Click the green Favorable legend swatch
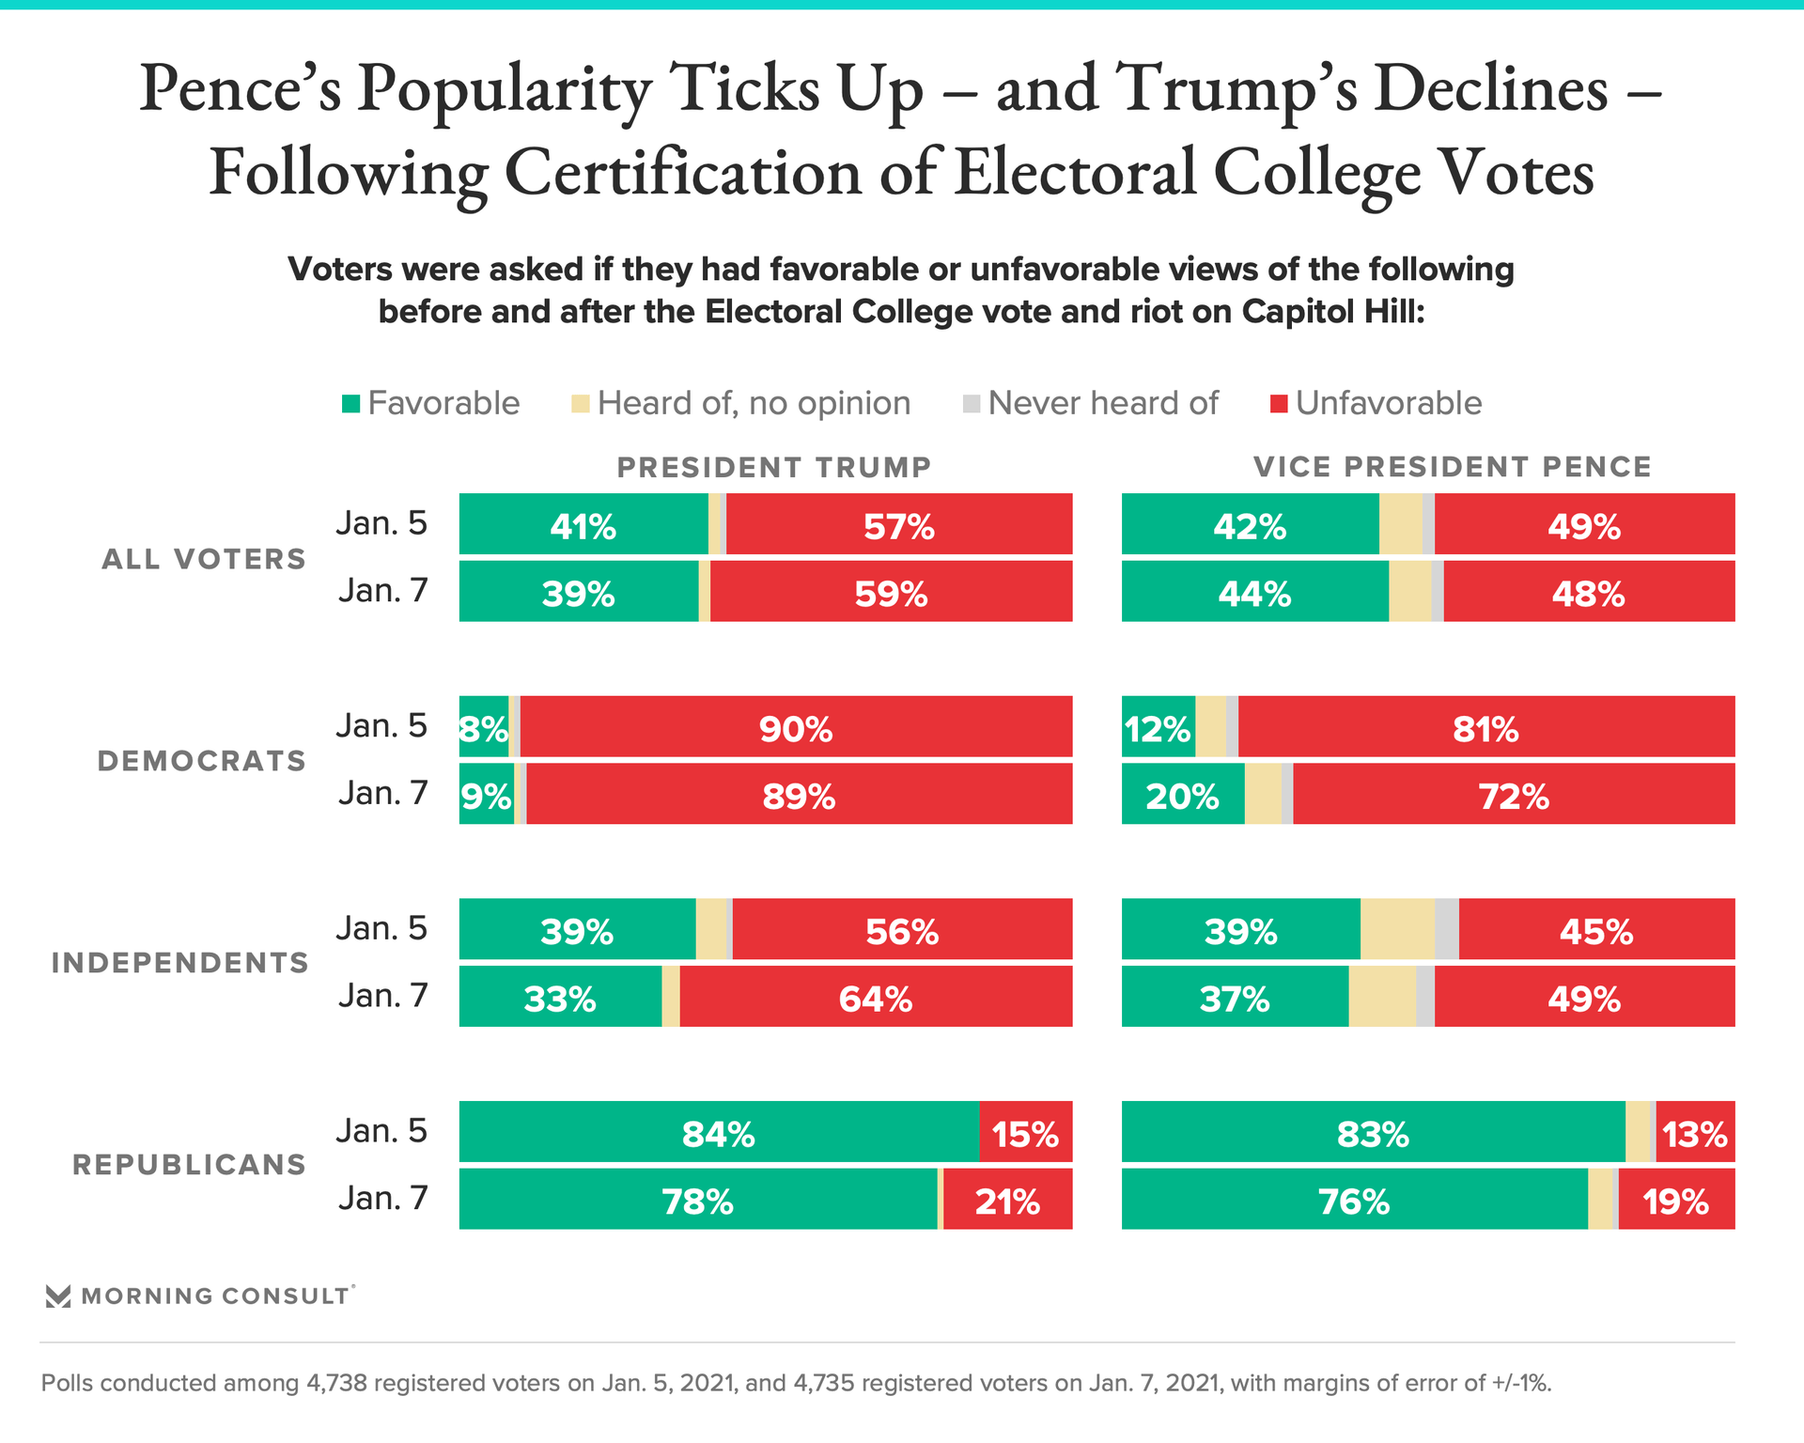pos(351,404)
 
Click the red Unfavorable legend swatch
pos(1279,404)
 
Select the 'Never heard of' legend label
pos(1102,404)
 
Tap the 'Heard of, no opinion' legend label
pos(754,404)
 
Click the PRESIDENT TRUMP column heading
pos(773,467)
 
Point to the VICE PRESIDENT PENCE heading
pos(1452,467)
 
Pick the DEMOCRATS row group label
pos(202,761)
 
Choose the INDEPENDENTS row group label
pos(179,963)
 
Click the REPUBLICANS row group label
pos(189,1165)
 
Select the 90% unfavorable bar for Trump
pos(796,727)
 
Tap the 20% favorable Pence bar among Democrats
pos(1182,795)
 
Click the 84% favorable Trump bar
pos(719,1132)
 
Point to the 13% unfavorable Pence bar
pos(1695,1132)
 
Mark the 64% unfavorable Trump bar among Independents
pos(875,997)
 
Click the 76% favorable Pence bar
pos(1354,1200)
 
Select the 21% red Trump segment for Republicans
pos(1007,1200)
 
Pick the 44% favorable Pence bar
pos(1254,592)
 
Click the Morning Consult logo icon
pos(58,1296)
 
